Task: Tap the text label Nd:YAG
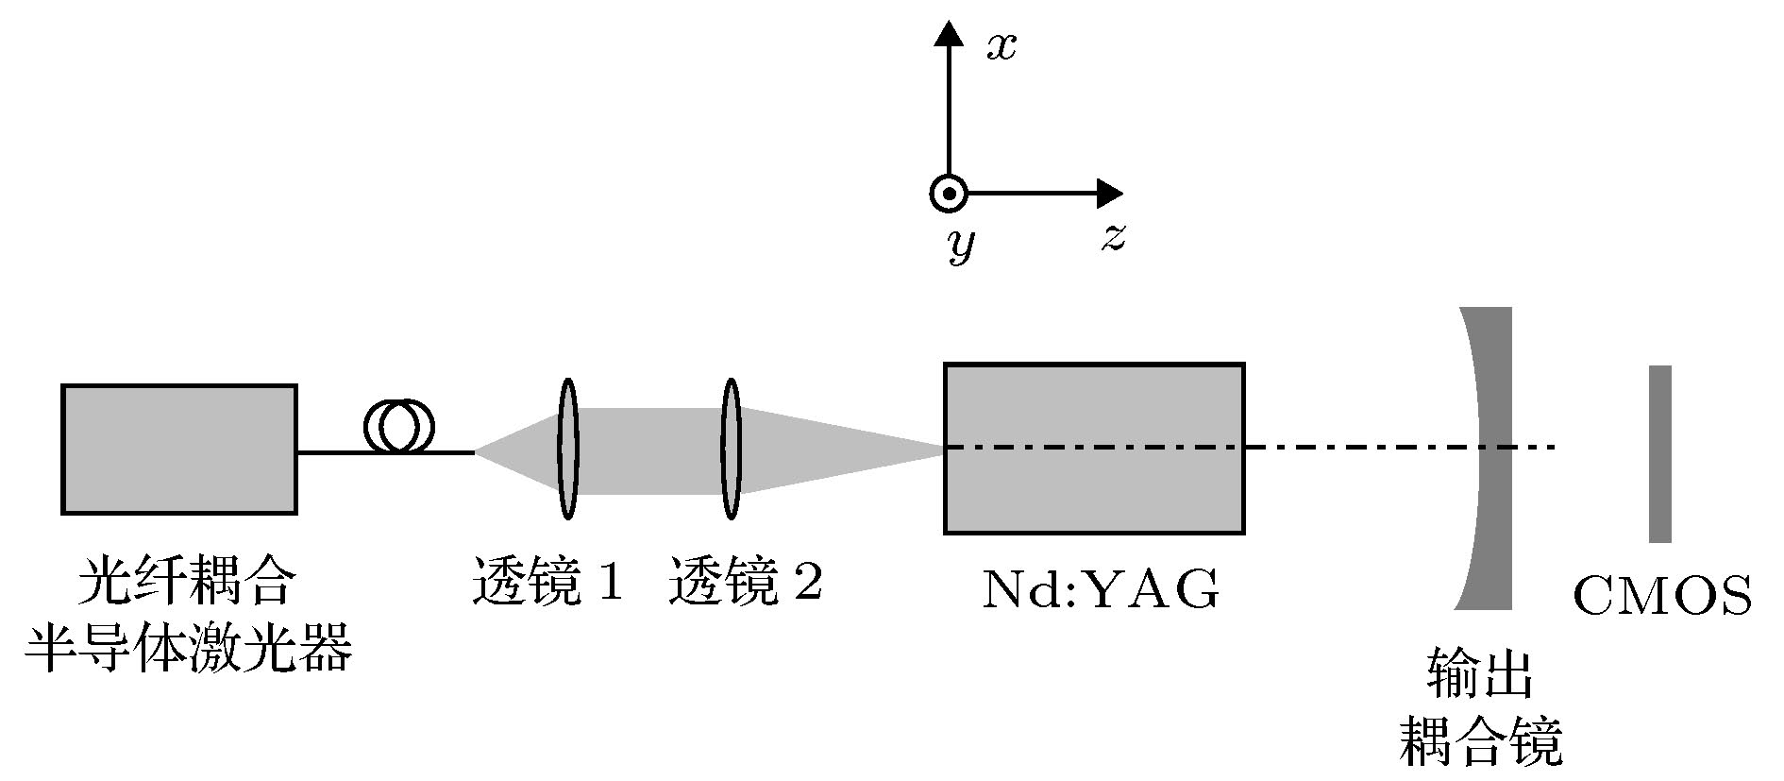pos(1101,591)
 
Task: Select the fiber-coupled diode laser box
pos(179,449)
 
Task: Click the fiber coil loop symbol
pos(399,426)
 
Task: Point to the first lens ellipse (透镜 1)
pos(566,449)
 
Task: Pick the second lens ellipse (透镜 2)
pos(730,449)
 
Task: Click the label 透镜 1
pos(547,583)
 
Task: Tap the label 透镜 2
pos(745,583)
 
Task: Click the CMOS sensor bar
pos(1660,453)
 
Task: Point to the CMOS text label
pos(1662,597)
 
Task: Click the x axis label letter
pos(1001,46)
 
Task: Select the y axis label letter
pos(961,245)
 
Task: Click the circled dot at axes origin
pos(948,195)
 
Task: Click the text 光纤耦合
pos(186,583)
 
